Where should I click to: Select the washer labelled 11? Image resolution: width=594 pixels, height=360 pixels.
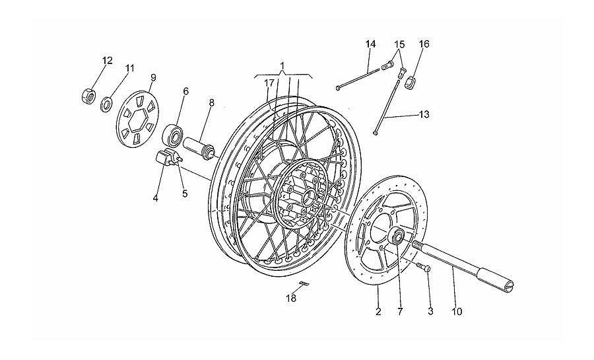(106, 104)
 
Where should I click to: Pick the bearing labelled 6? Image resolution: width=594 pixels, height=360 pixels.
(173, 135)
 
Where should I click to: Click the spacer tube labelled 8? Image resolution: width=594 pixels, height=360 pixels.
(199, 148)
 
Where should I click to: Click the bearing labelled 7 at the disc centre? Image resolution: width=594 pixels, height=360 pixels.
(398, 237)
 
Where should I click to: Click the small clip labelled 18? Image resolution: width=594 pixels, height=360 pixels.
(304, 282)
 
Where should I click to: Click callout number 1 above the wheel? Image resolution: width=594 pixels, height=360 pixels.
(282, 65)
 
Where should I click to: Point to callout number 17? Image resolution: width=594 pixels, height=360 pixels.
(269, 83)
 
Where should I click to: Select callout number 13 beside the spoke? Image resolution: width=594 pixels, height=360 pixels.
(424, 114)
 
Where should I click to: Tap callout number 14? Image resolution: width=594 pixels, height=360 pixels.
(370, 44)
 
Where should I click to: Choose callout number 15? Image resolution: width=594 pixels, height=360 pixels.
(399, 44)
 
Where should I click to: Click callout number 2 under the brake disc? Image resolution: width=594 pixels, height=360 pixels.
(378, 312)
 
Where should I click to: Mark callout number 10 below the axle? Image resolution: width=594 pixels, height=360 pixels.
(457, 312)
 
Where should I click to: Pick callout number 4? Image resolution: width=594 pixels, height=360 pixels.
(155, 198)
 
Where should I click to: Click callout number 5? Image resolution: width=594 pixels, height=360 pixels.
(185, 194)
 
